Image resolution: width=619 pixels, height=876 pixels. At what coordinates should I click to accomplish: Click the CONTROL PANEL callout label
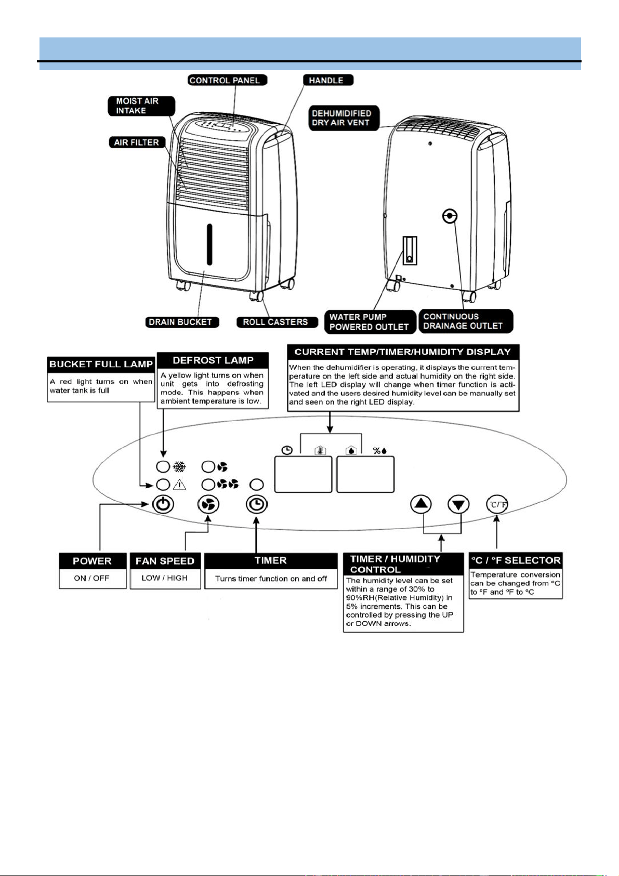[227, 80]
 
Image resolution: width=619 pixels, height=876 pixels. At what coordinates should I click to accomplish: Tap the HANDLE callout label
[328, 80]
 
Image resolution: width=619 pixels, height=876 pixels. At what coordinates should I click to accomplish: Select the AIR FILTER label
[137, 142]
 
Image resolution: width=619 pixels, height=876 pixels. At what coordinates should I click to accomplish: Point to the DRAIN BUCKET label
[182, 322]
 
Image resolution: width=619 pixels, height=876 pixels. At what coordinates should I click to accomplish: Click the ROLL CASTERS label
[277, 322]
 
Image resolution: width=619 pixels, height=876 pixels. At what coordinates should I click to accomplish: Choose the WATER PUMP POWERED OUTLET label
[370, 322]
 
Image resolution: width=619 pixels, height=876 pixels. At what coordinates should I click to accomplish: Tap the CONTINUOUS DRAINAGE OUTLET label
[466, 321]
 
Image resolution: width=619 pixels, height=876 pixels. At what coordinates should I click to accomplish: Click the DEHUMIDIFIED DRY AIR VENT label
[344, 117]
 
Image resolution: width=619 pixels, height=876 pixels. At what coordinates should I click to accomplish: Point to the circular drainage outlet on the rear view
[450, 216]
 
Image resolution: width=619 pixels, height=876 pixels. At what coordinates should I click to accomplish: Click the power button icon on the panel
[163, 504]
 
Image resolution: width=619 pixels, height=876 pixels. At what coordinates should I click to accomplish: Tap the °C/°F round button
[497, 504]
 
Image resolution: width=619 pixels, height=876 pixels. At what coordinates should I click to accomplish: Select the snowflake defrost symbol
[179, 466]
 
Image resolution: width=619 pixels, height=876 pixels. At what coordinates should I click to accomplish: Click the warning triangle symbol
[179, 485]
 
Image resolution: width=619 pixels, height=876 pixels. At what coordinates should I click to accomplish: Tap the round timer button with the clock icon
[257, 504]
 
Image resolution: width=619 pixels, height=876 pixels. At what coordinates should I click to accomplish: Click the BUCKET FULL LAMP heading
[101, 364]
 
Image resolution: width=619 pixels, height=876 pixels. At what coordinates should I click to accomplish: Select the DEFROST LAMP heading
[213, 360]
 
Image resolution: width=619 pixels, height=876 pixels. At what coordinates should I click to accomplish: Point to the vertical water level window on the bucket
[209, 245]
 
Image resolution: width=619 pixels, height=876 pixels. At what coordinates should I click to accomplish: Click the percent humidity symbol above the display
[380, 451]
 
